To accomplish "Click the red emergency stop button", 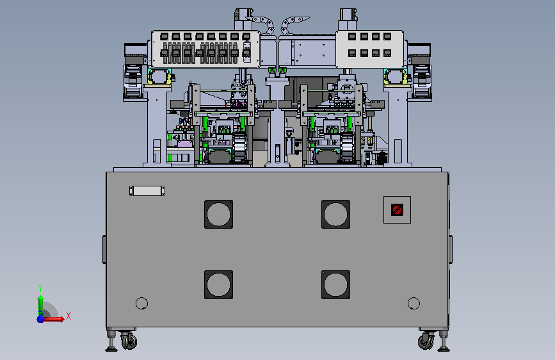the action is [397, 209].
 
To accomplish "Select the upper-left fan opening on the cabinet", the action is [218, 215].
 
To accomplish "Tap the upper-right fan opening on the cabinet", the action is [335, 215].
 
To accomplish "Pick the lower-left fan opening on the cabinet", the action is [218, 284].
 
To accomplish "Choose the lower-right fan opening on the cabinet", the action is [335, 284].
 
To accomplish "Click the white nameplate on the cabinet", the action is [147, 191].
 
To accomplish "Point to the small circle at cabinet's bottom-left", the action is [141, 303].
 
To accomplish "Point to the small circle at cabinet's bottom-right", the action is [414, 303].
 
